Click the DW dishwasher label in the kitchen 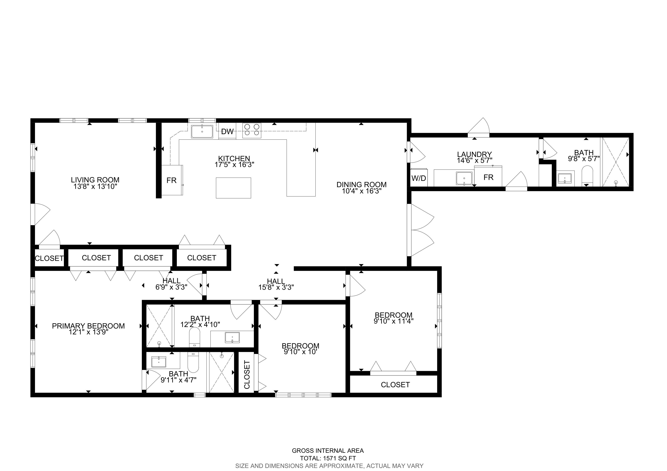[x=227, y=131]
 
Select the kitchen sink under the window [x=202, y=131]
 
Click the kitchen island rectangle [x=233, y=188]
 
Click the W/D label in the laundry [x=419, y=178]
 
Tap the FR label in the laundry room [x=488, y=177]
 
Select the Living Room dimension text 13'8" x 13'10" [x=95, y=186]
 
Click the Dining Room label [x=361, y=184]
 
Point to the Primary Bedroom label [x=88, y=326]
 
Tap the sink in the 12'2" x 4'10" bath [x=232, y=337]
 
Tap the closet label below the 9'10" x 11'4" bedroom [x=395, y=385]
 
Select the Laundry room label [x=474, y=154]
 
